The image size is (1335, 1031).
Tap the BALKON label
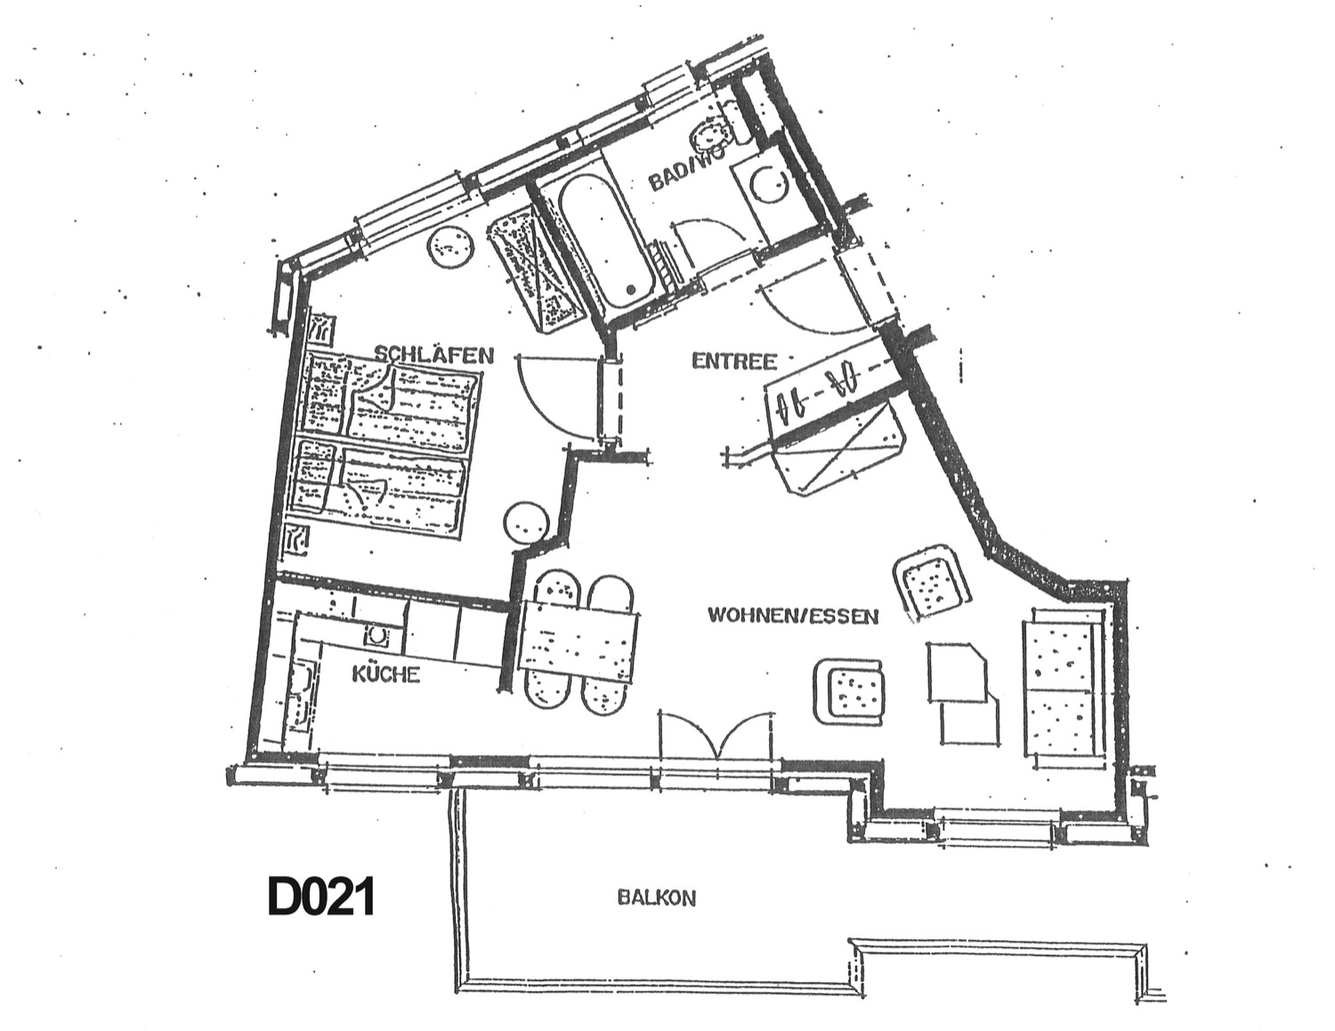point(656,899)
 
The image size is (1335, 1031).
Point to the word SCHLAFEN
point(434,354)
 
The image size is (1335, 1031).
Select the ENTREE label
point(734,361)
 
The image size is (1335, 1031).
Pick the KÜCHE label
point(386,673)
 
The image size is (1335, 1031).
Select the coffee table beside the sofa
point(962,692)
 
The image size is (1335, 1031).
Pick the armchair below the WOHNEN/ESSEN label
point(852,691)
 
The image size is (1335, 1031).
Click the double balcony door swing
point(716,735)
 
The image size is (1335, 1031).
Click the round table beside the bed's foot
point(525,524)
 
